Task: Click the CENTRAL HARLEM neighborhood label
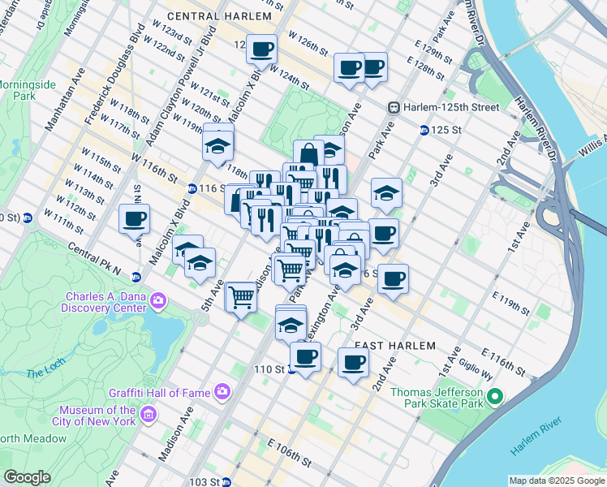click(x=217, y=15)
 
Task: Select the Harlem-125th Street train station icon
click(x=394, y=107)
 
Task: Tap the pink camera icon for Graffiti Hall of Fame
click(x=222, y=393)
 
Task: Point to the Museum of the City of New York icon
click(x=148, y=416)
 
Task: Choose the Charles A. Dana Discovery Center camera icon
click(x=157, y=301)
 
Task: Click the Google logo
click(x=27, y=476)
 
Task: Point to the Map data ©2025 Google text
click(x=557, y=481)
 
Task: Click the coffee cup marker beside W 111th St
click(x=134, y=218)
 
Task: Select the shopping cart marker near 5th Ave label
click(x=241, y=298)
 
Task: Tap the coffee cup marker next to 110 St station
click(x=305, y=356)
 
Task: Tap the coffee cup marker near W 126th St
click(x=261, y=50)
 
